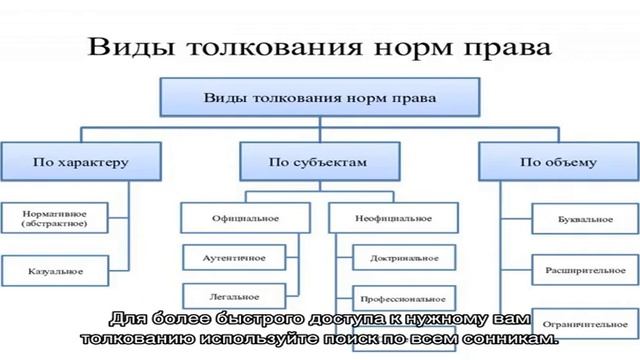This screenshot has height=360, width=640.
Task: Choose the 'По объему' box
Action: (x=558, y=160)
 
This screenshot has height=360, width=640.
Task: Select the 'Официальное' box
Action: (x=244, y=218)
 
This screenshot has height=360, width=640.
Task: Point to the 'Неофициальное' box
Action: (x=393, y=218)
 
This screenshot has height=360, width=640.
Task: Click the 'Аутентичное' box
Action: (x=237, y=257)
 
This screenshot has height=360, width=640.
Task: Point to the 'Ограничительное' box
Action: (x=585, y=324)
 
